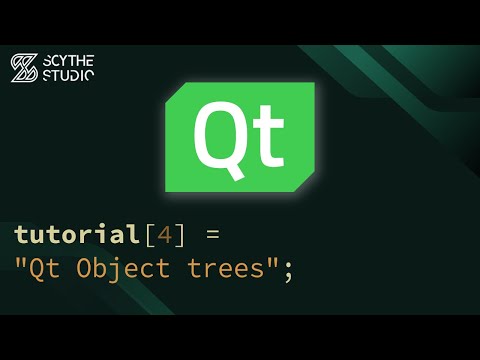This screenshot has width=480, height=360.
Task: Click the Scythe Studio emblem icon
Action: [x=24, y=67]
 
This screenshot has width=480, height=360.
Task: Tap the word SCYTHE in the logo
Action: [x=68, y=60]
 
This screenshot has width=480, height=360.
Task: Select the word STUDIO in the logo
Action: [x=68, y=75]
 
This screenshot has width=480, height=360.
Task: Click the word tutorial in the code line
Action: [x=74, y=234]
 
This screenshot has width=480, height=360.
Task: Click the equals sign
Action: [x=211, y=235]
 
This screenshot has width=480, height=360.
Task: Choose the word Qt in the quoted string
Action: [x=44, y=269]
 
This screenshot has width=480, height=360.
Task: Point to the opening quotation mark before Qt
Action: [x=21, y=262]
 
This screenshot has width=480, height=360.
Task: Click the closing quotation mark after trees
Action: [x=271, y=262]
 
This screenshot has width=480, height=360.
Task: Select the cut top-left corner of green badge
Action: [x=173, y=91]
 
